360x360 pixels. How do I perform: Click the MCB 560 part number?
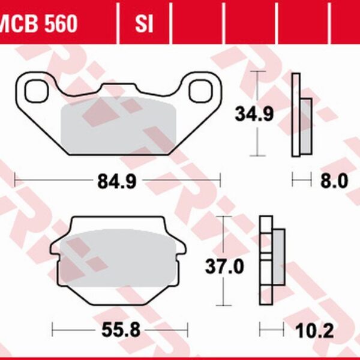[x=39, y=23]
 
